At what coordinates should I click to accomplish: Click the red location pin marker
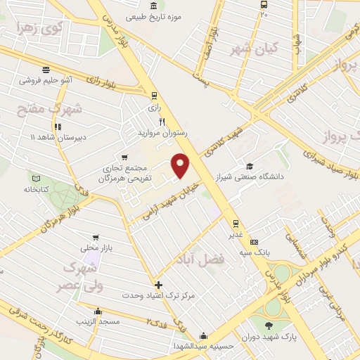point(181,164)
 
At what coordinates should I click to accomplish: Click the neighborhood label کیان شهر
point(255,49)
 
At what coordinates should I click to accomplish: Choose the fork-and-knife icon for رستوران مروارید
point(162,121)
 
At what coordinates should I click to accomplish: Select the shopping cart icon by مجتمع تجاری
point(124,157)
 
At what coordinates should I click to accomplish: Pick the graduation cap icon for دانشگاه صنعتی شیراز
point(250,166)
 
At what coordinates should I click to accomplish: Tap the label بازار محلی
point(96,247)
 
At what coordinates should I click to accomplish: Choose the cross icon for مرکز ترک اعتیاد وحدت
point(159,285)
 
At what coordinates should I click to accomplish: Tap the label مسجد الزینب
point(97,321)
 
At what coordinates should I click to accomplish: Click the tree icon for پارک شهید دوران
point(269,324)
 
